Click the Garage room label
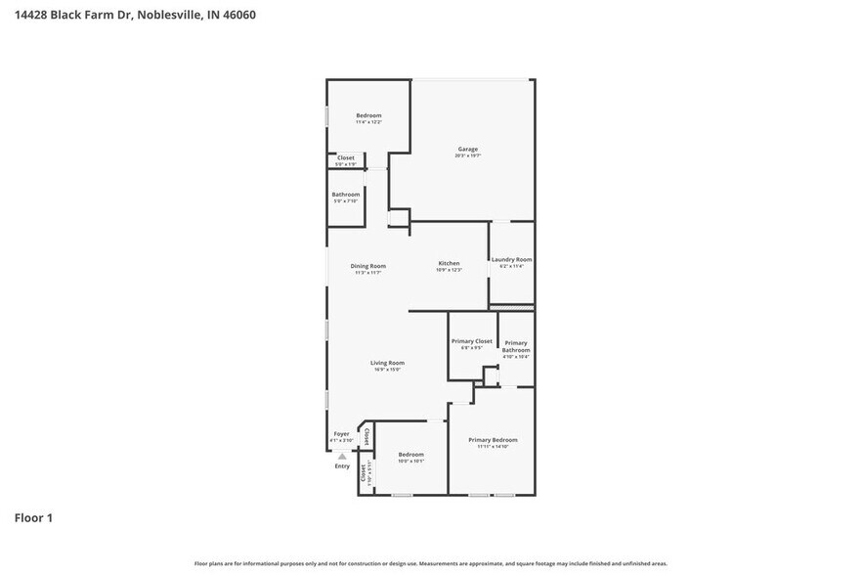[467, 149]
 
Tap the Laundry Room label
[511, 259]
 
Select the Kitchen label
[448, 263]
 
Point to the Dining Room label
[368, 266]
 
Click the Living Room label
[387, 363]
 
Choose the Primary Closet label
[471, 341]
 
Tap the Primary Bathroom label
[515, 346]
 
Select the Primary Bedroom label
[493, 440]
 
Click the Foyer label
[341, 433]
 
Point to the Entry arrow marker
[342, 456]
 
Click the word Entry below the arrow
[342, 465]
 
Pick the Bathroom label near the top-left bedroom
[345, 195]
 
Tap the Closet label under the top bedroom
[346, 157]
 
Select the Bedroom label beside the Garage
[368, 115]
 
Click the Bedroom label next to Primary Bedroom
[410, 455]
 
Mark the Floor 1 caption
[32, 517]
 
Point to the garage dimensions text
[467, 155]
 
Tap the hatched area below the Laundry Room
[511, 306]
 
